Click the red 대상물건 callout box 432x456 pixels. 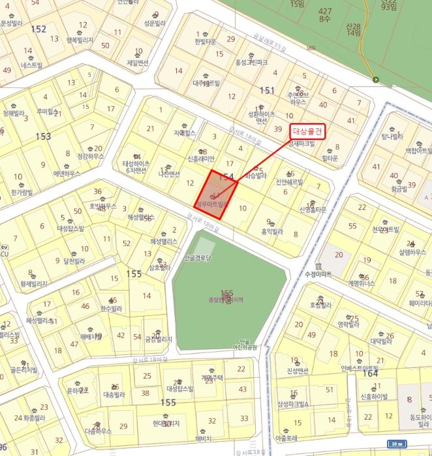click(307, 130)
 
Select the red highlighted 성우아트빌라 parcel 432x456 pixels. click(213, 193)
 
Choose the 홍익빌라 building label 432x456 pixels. click(271, 231)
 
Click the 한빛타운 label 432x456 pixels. click(204, 41)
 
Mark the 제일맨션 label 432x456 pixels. click(137, 63)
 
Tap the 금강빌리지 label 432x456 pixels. click(158, 339)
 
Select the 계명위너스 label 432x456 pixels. click(362, 283)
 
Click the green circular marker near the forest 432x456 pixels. click(375, 80)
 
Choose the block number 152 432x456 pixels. click(39, 29)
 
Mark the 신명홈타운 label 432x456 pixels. click(311, 209)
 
